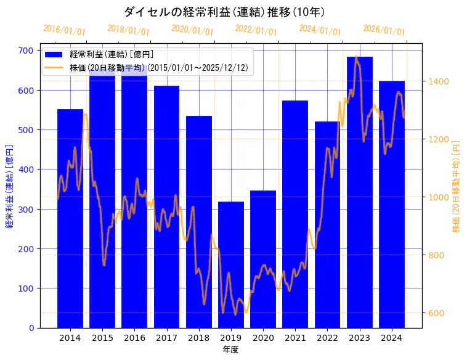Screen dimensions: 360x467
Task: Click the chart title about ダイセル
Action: point(224,12)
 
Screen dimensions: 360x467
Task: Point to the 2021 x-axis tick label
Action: point(295,337)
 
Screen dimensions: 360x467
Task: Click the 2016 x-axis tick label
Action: point(134,337)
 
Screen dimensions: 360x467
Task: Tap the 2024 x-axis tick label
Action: point(392,337)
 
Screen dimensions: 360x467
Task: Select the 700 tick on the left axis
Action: point(26,51)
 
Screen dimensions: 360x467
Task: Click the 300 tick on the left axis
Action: point(26,209)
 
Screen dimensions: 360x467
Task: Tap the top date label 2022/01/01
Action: point(256,30)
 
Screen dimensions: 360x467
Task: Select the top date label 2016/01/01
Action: point(65,30)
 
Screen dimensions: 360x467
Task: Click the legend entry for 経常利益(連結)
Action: point(112,55)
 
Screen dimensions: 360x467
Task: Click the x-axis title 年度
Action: point(230,350)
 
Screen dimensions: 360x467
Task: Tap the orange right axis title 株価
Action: point(457,185)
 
